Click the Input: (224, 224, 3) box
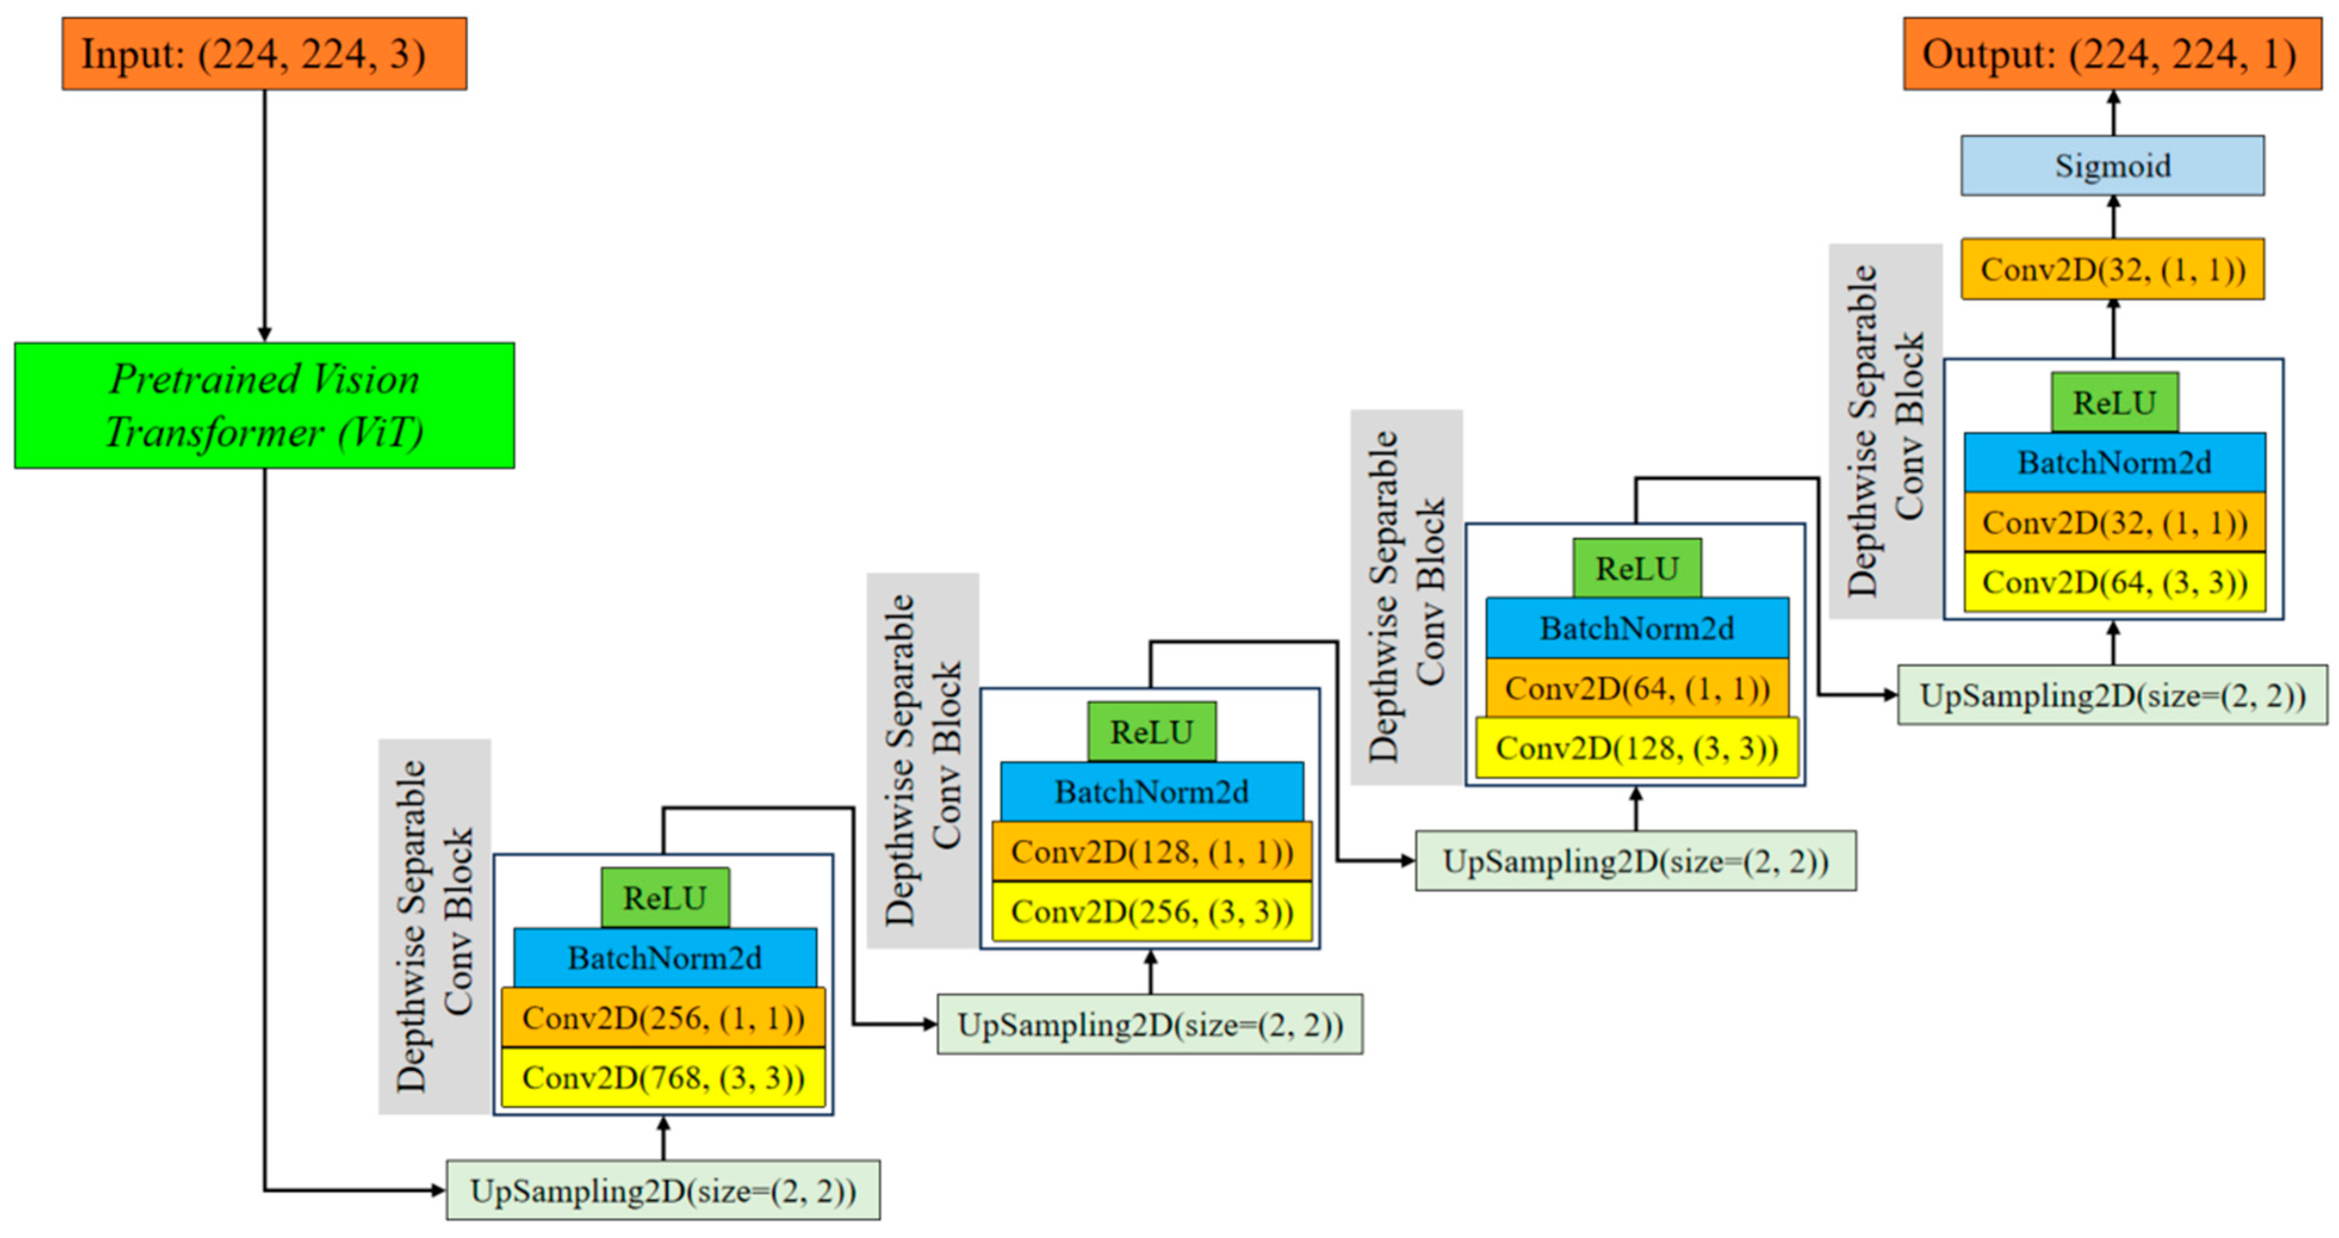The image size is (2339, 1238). (x=264, y=54)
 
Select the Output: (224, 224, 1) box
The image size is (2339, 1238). (x=2112, y=54)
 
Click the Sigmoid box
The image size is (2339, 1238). (x=2112, y=165)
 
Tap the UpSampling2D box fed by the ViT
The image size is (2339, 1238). (x=663, y=1190)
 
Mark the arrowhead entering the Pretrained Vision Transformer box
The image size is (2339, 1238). (x=264, y=334)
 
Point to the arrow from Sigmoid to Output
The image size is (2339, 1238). (x=2114, y=113)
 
